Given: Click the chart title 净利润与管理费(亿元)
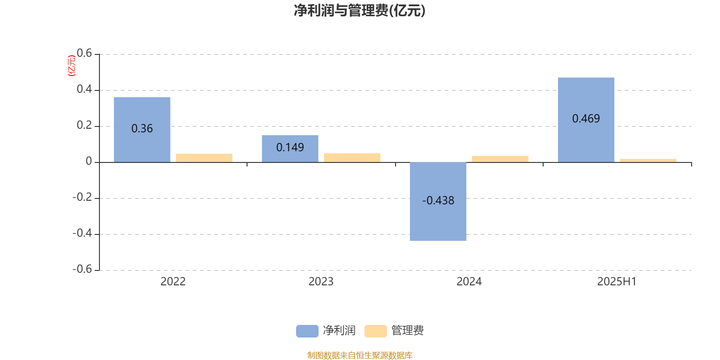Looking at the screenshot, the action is pos(360,11).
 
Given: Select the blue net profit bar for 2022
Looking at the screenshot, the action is pos(142,130).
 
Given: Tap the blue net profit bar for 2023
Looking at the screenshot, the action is pos(290,149).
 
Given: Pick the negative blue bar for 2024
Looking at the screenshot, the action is pos(438,202).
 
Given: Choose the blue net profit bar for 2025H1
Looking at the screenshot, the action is pos(586,120).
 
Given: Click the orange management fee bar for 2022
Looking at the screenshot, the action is pos(204,158).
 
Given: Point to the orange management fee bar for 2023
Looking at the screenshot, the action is pos(352,158).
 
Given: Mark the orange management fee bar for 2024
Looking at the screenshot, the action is pos(500,159).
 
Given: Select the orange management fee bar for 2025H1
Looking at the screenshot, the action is pos(648,161).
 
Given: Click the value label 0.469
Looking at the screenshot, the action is pos(586,119).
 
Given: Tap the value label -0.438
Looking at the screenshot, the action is pos(438,201).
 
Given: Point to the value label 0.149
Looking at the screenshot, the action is pos(290,147).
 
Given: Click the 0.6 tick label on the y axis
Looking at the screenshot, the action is pos(84,53).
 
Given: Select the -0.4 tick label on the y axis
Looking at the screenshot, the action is pos(82,233).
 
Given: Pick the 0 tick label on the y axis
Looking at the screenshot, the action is pos(89,161).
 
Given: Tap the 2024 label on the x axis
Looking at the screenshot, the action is pos(469,282).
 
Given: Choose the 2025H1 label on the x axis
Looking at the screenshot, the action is pos(617,282).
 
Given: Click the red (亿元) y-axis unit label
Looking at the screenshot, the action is pos(72,66).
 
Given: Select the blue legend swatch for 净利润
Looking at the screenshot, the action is pos(307,331).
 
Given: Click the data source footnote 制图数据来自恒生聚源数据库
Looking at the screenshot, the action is pos(360,355).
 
